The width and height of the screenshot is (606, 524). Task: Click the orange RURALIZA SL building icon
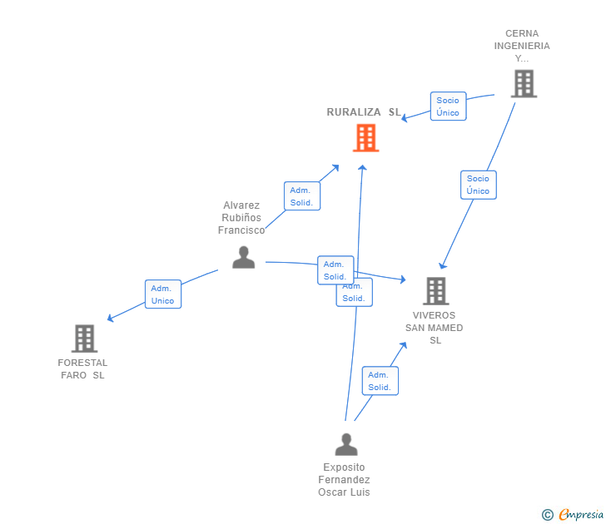pos(365,138)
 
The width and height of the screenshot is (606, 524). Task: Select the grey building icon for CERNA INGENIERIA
pos(524,83)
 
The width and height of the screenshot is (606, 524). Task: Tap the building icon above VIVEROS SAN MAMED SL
pos(436,290)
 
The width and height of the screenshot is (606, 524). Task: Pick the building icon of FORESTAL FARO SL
pos(84,339)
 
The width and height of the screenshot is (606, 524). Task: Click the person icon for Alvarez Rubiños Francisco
pos(243,257)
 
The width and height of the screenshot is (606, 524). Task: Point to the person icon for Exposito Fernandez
pos(345,444)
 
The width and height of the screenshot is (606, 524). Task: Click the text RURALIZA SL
pos(363,112)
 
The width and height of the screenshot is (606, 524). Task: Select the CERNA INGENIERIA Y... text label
pos(522,47)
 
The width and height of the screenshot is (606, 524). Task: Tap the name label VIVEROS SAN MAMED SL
pos(435,328)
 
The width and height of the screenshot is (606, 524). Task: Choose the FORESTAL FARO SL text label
pos(82,368)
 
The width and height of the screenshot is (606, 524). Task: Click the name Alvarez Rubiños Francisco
pos(241,218)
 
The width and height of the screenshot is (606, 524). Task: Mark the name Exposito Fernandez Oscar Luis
pos(344,480)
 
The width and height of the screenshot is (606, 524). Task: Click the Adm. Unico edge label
pos(163,294)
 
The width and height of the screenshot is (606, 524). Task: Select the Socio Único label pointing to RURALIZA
pos(448,106)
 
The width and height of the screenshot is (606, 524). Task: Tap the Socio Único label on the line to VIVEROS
pos(478,185)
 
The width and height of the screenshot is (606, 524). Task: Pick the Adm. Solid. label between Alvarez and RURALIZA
pos(301,196)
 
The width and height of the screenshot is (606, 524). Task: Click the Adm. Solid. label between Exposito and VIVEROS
pos(380,381)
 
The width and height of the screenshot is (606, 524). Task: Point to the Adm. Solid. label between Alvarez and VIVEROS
pos(335,269)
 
